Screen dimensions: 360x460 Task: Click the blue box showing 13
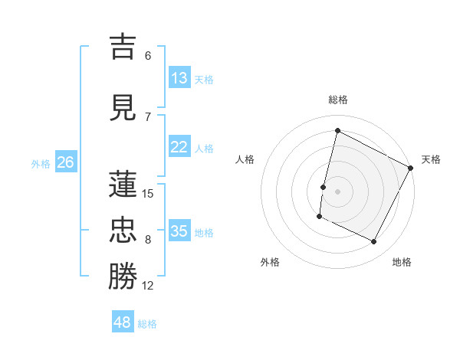tap(179, 78)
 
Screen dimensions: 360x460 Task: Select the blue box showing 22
tap(179, 147)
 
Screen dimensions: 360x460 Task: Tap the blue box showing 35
tap(179, 231)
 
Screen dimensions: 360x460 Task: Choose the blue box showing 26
tap(65, 162)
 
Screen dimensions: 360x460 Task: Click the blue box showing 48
tap(123, 322)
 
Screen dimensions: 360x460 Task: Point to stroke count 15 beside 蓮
tap(148, 194)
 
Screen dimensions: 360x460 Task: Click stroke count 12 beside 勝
tap(148, 286)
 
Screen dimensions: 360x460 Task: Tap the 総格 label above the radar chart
tap(338, 100)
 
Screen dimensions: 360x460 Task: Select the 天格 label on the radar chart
tap(431, 159)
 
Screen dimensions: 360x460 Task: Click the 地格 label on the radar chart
tap(402, 262)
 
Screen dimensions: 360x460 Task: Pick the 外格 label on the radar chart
tap(270, 262)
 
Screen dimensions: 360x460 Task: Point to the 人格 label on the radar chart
tap(245, 159)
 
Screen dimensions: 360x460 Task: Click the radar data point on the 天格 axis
tap(412, 168)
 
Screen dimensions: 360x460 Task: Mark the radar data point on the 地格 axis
tap(374, 242)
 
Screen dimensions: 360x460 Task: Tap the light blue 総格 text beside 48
tap(147, 324)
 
